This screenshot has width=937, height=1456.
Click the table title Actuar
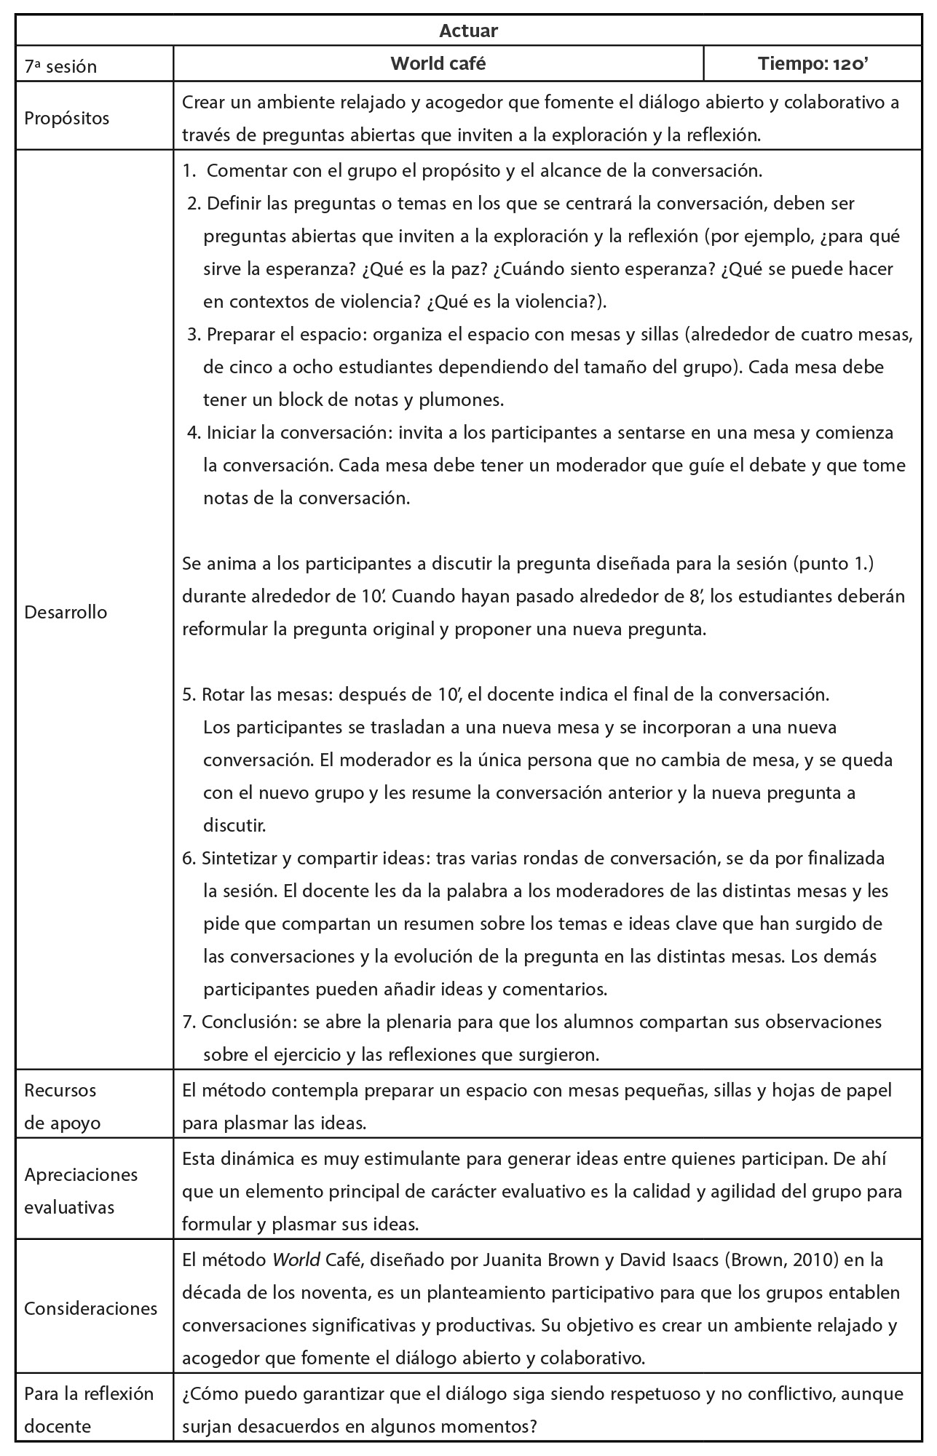pyautogui.click(x=468, y=31)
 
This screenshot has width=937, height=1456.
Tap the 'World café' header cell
pyautogui.click(x=438, y=64)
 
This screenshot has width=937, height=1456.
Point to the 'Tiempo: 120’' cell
pyautogui.click(x=813, y=64)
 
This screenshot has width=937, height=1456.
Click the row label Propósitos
pyautogui.click(x=67, y=119)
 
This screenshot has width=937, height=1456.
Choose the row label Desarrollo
pyautogui.click(x=66, y=612)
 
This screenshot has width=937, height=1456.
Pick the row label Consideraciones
pyautogui.click(x=90, y=1308)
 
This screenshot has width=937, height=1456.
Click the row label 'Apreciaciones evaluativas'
pyautogui.click(x=81, y=1191)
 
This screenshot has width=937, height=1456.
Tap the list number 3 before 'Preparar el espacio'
pyautogui.click(x=193, y=335)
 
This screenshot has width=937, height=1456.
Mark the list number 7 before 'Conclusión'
pyautogui.click(x=189, y=1022)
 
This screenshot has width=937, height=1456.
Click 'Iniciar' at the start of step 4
pyautogui.click(x=231, y=433)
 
